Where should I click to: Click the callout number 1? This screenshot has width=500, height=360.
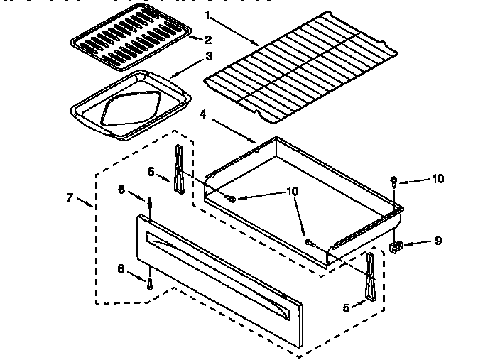pos(207,15)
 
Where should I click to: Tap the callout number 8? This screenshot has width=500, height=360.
pos(121,268)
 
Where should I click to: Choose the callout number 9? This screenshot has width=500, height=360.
pos(438,241)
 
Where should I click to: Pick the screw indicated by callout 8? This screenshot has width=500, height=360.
pos(150,284)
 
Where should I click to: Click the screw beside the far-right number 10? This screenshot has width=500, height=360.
pos(394,182)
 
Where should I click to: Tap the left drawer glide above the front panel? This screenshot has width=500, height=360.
pos(178,168)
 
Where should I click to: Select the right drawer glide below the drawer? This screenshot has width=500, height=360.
pos(369,275)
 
